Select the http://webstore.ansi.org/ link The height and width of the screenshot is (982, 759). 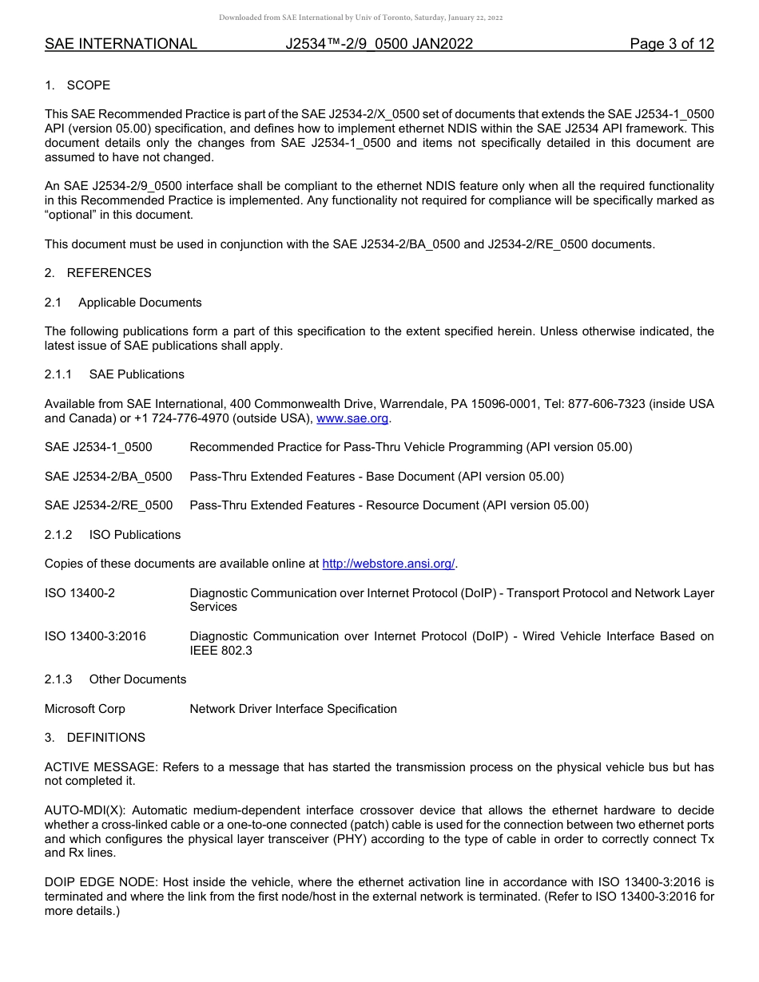(x=388, y=564)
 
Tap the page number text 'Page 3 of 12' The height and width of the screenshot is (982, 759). (x=671, y=44)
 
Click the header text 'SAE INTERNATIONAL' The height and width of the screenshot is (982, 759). (x=121, y=44)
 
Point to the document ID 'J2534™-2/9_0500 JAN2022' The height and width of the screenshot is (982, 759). (x=379, y=44)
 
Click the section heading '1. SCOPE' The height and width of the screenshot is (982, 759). (x=77, y=85)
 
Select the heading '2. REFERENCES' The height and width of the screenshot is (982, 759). (x=97, y=273)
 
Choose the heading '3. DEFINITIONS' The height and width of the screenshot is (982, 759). (x=95, y=738)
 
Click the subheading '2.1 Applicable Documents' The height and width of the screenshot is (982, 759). (x=123, y=303)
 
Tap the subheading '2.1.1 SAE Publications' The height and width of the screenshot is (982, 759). (x=114, y=374)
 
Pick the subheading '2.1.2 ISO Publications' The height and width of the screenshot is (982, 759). (x=113, y=535)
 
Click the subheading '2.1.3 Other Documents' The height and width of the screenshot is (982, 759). (x=115, y=679)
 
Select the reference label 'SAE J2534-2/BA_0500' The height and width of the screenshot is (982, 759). (x=109, y=477)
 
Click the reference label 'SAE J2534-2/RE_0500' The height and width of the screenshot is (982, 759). (x=109, y=505)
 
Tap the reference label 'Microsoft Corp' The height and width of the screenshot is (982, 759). (x=85, y=709)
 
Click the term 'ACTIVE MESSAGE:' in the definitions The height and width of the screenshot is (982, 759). (x=101, y=767)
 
